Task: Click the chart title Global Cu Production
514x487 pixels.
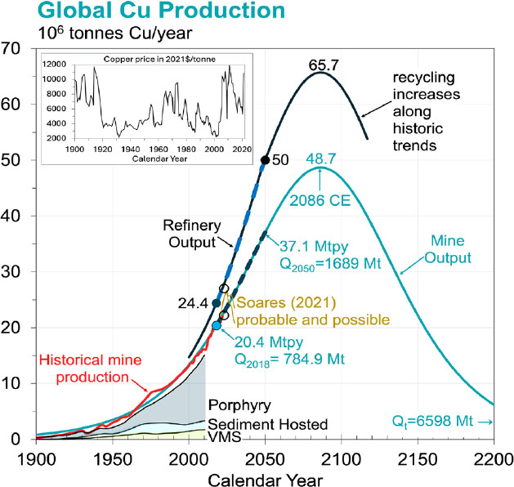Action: tap(144, 11)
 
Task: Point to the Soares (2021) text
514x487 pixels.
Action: tap(274, 302)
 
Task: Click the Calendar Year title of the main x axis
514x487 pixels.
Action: tap(263, 475)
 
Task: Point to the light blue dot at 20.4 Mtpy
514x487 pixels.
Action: tap(217, 325)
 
